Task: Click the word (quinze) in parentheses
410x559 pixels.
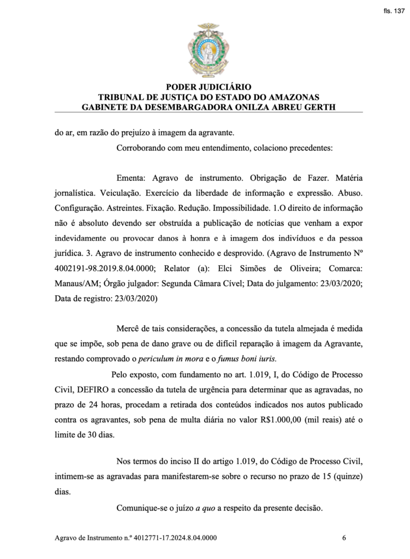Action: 346,476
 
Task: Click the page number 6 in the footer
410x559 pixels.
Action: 344,537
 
